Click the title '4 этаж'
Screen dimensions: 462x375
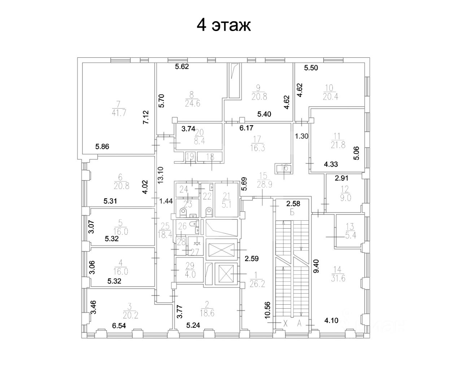[x=223, y=25]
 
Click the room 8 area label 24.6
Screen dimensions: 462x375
[x=192, y=103]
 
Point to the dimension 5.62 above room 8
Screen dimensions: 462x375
[x=182, y=66]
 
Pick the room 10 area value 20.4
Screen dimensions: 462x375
[x=330, y=96]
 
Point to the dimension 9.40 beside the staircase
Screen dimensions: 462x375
[x=316, y=266]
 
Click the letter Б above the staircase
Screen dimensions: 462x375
[x=292, y=212]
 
